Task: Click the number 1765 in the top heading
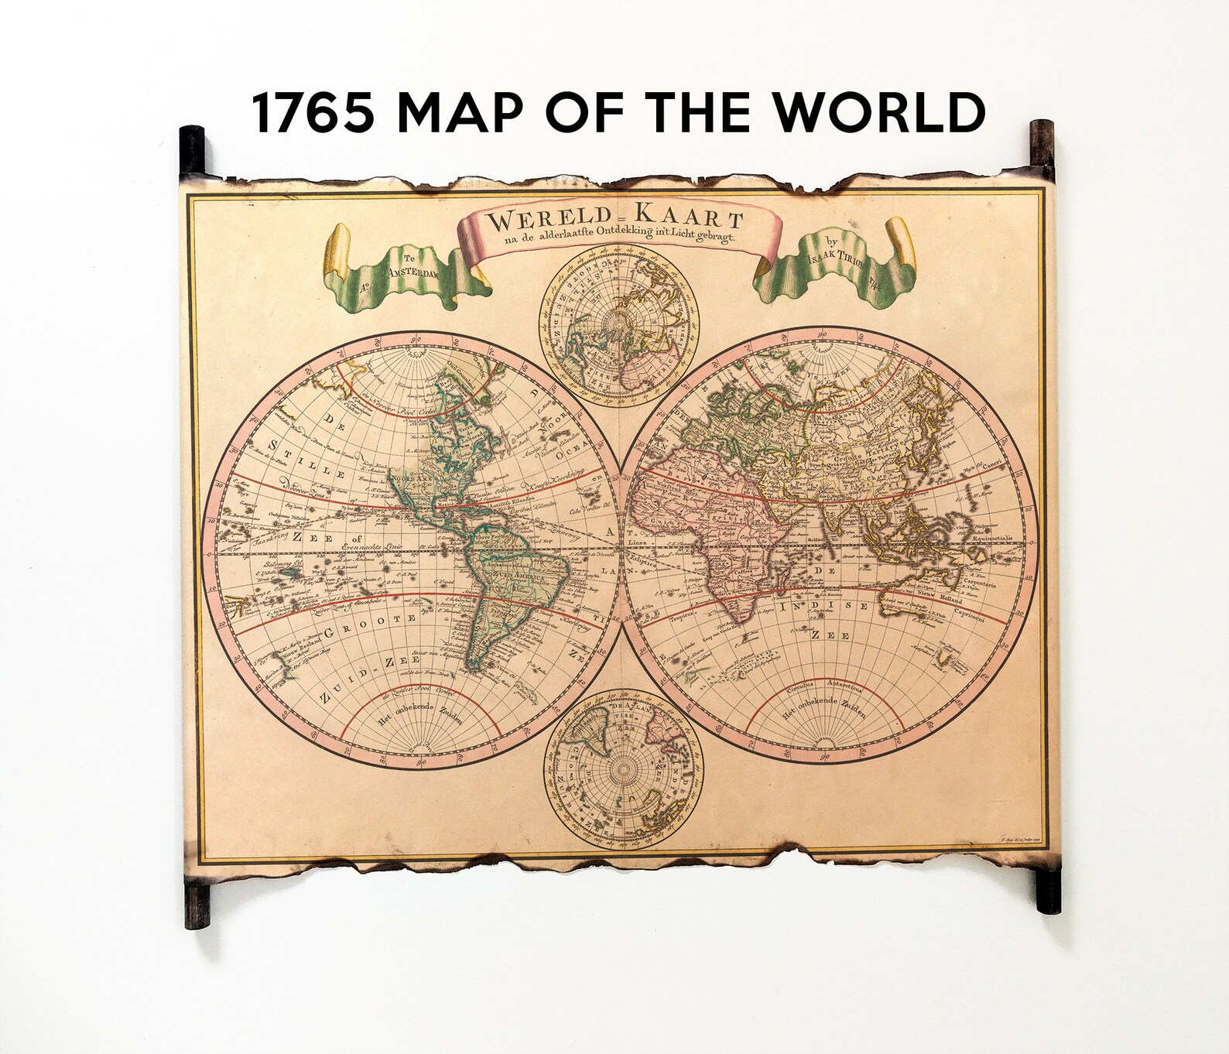[x=313, y=112]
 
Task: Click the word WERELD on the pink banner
[x=547, y=222]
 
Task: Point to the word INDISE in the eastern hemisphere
[x=824, y=607]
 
